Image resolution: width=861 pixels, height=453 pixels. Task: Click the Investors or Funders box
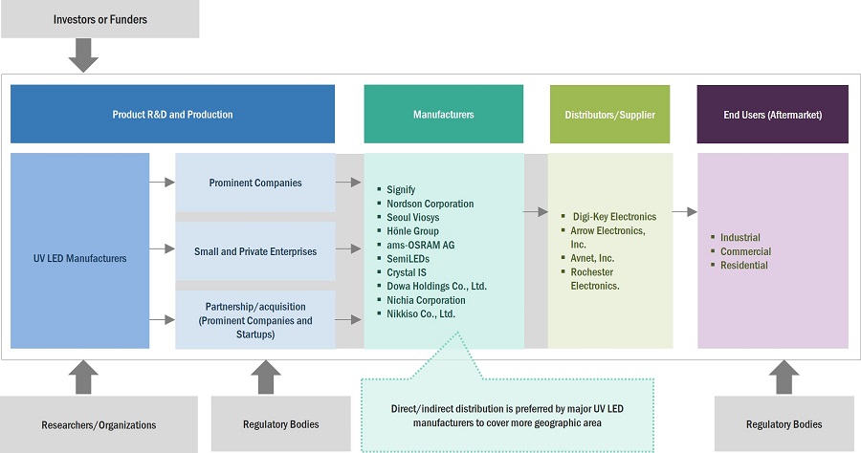[x=99, y=19]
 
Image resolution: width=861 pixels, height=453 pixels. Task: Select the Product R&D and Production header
[x=172, y=115]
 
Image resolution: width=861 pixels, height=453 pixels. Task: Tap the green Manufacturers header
[x=443, y=115]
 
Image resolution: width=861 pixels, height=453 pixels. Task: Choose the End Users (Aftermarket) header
[x=772, y=115]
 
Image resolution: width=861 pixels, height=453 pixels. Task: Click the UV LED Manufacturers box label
[x=80, y=257]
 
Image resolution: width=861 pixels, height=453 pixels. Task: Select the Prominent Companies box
[x=254, y=183]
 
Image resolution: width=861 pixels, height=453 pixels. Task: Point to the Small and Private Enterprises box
[x=254, y=251]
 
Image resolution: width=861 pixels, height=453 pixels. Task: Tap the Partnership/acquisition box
[x=254, y=320]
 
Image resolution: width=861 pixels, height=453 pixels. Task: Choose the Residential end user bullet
[x=745, y=265]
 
